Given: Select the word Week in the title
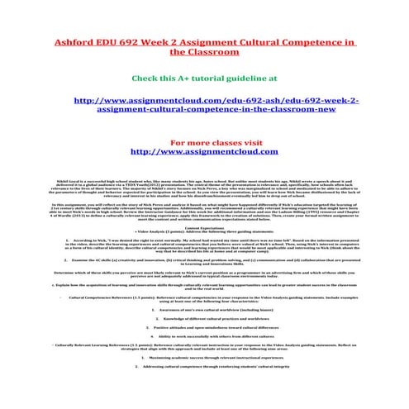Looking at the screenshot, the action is pyautogui.click(x=189, y=41).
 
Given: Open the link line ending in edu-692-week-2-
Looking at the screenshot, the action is pyautogui.click(x=204, y=100).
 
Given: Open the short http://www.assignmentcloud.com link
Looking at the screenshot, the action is pyautogui.click(x=204, y=151).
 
